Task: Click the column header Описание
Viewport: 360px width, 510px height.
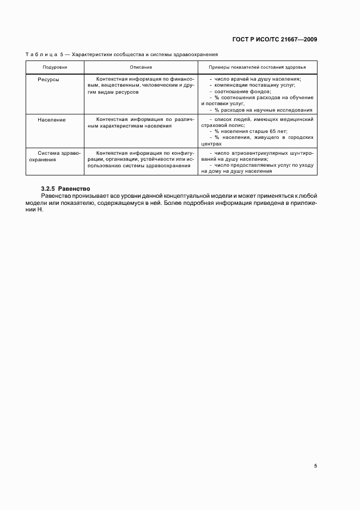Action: pos(141,67)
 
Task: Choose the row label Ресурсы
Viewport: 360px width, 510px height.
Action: pos(48,79)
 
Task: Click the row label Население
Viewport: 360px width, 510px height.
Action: pos(52,119)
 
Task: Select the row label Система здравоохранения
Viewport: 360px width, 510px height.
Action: pos(52,156)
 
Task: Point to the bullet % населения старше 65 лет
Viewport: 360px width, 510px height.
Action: pos(248,132)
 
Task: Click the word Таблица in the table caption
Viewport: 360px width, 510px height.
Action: pos(42,54)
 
